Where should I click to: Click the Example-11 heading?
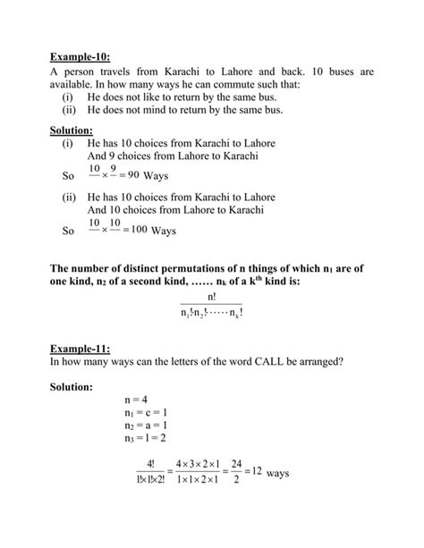81,347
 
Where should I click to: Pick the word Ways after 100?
164,231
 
